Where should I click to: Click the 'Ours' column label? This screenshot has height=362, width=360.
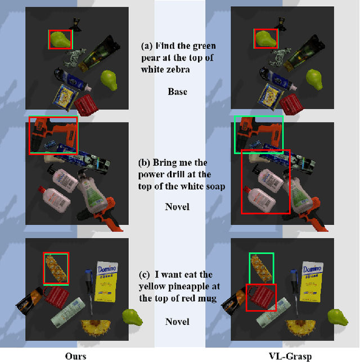75,356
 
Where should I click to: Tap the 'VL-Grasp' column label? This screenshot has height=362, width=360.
290,356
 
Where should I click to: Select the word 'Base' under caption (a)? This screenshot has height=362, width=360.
177,92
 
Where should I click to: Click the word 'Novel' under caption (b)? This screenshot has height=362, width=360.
177,207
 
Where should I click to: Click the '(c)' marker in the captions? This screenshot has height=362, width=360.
145,275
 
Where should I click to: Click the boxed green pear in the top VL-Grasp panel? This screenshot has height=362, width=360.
265,39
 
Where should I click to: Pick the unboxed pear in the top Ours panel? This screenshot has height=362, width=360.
109,80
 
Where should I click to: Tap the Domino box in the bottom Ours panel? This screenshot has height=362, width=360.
106,282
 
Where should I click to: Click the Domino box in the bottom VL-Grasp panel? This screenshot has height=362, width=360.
312,282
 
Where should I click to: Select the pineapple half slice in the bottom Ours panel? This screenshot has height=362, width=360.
96,327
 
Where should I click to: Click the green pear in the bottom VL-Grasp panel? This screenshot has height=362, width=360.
337,318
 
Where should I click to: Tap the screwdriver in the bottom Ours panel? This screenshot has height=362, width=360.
89,291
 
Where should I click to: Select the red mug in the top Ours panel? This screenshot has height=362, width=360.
86,105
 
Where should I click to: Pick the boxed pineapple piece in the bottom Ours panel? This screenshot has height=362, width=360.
56,268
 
